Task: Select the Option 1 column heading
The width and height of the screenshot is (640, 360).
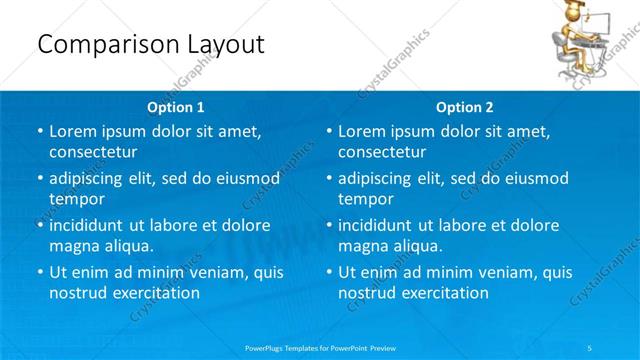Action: tap(176, 107)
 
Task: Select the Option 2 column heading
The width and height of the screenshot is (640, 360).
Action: tap(465, 107)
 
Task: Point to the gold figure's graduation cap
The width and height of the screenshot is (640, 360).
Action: tap(577, 10)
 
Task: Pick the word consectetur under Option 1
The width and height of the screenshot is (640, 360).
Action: tap(93, 152)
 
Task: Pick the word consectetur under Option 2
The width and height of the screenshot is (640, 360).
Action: tap(382, 152)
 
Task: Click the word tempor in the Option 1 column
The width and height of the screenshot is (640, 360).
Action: tap(76, 199)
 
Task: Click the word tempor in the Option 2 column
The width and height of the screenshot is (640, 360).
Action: tap(365, 199)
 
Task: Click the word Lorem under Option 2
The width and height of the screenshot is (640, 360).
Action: tap(361, 132)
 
